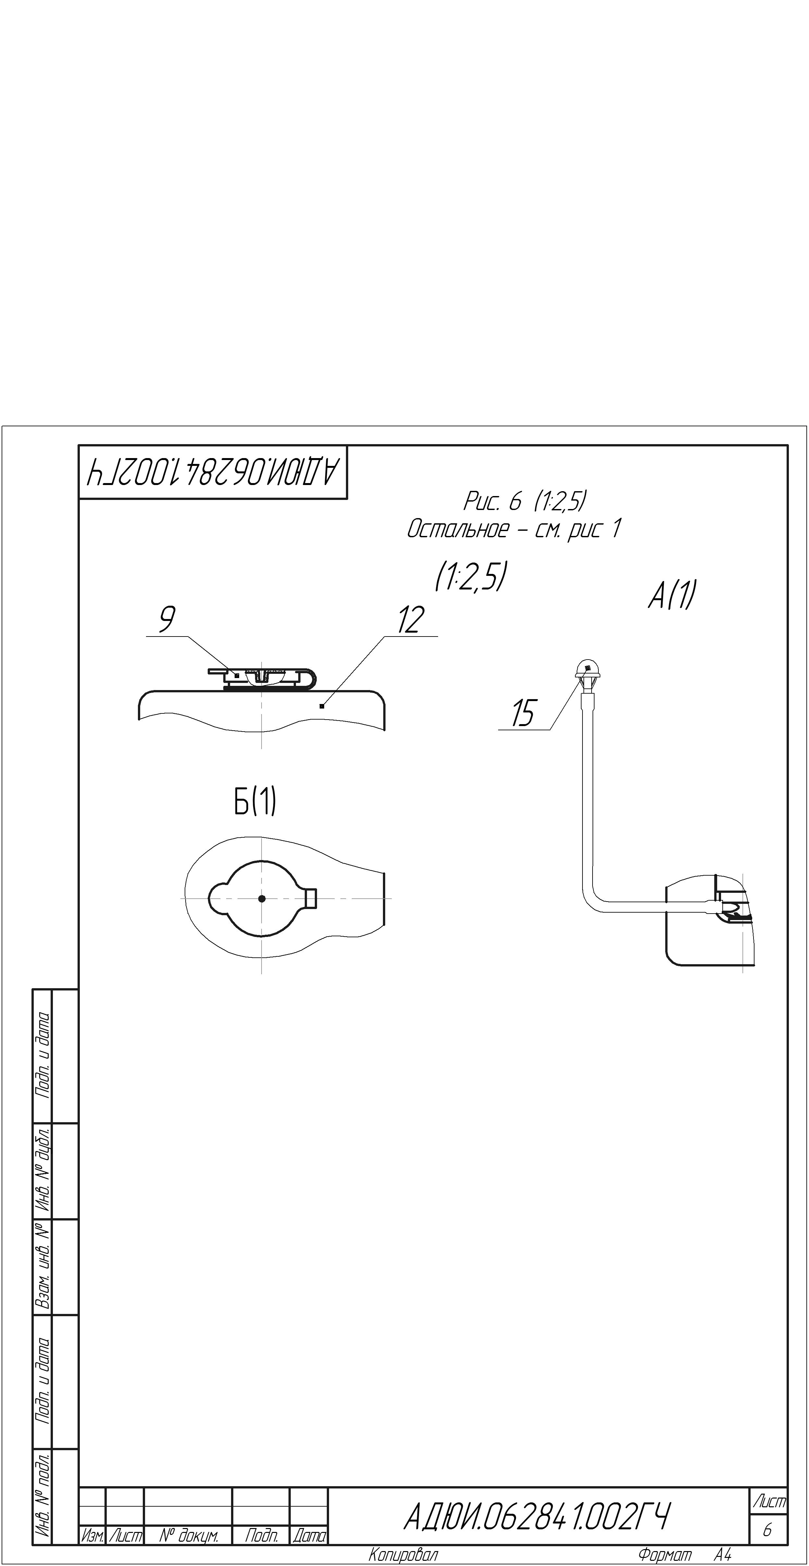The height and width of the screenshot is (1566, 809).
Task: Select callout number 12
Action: [411, 620]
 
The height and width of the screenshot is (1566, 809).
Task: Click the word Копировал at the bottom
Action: [403, 1555]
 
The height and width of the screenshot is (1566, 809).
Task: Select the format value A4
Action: [723, 1555]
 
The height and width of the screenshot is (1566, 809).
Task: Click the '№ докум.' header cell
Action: [188, 1536]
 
